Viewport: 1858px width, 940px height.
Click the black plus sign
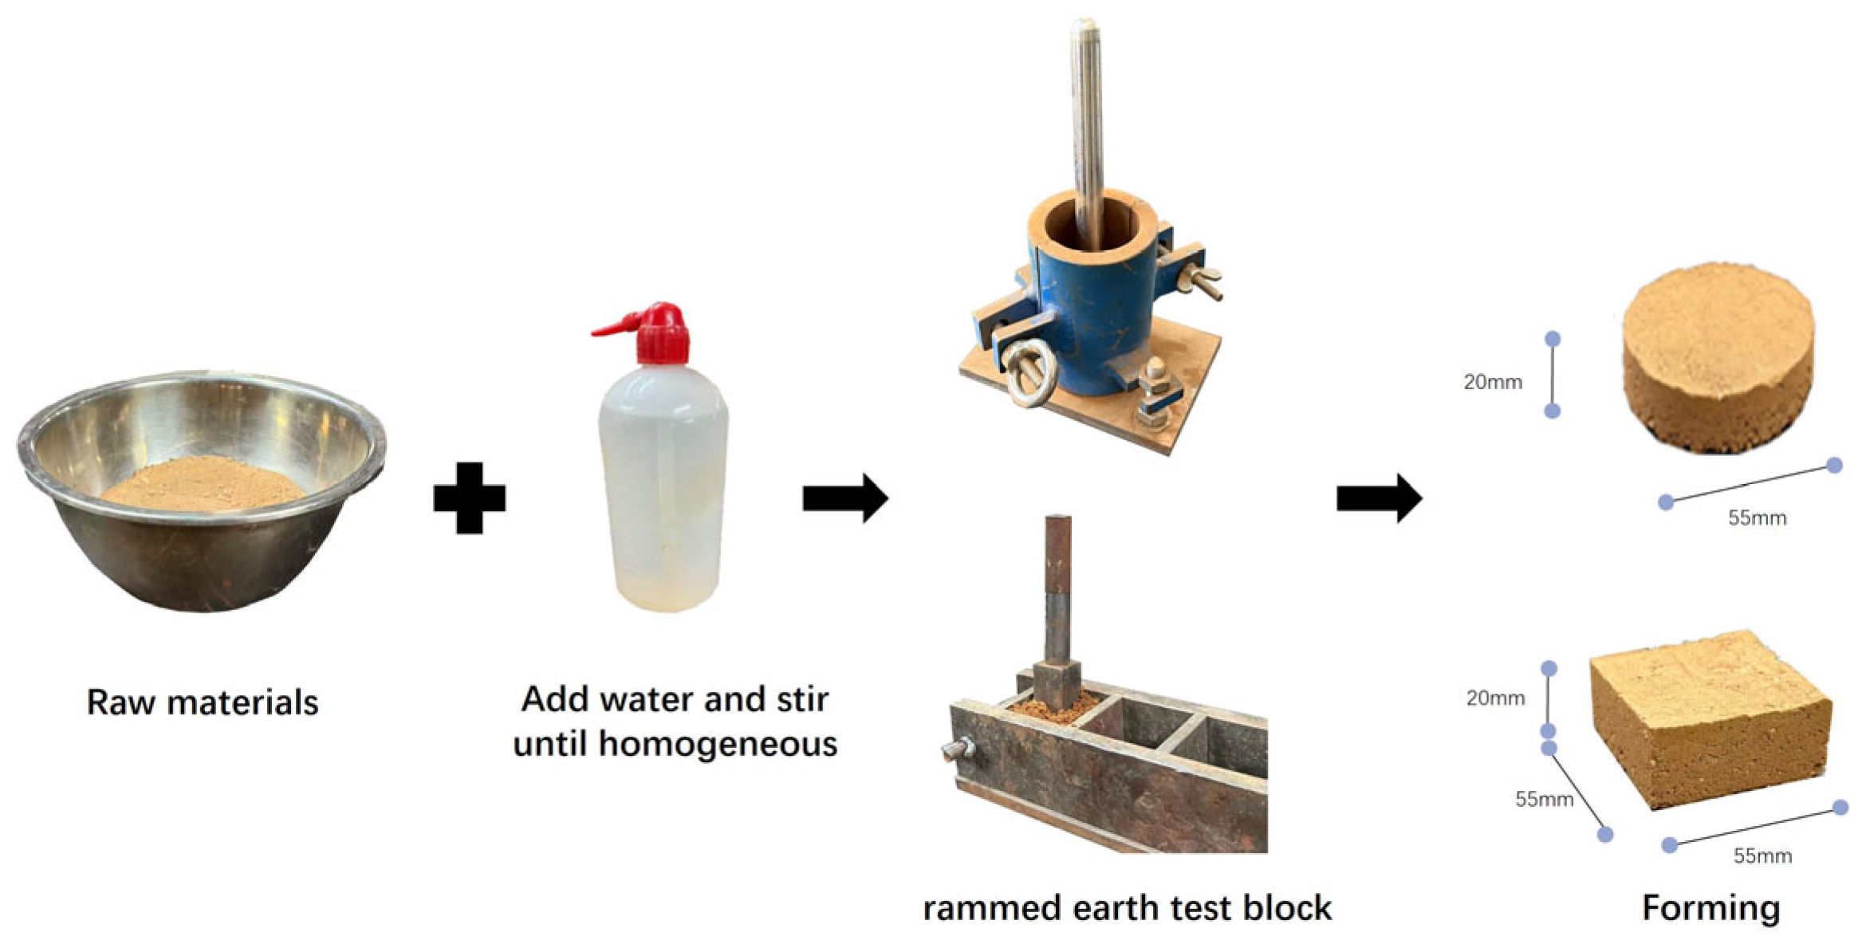coord(469,498)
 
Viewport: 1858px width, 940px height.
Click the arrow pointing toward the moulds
coord(844,498)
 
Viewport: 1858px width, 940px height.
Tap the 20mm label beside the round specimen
coord(1492,382)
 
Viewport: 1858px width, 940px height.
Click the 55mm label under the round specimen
coord(1757,518)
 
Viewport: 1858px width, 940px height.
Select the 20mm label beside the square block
coord(1495,698)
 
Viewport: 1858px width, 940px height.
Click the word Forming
coord(1710,908)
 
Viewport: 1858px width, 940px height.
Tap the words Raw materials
coord(202,702)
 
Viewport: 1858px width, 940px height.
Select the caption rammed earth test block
coord(1127,908)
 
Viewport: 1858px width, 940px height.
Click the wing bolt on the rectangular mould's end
coord(957,750)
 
